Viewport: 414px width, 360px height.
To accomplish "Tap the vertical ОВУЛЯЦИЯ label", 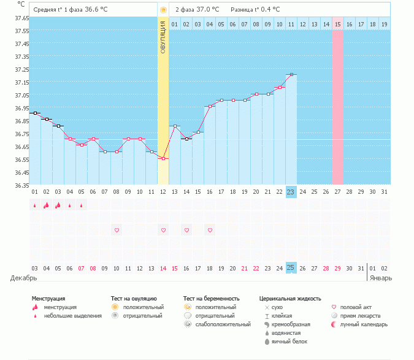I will coord(163,37).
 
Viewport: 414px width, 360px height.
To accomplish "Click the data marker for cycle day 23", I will coord(291,74).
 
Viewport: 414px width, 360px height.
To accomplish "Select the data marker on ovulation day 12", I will coord(163,159).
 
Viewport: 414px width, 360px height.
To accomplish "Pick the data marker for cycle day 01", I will coord(35,113).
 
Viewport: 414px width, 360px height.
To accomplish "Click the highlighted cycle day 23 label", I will coord(291,192).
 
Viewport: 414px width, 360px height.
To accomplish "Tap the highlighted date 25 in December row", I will coord(291,268).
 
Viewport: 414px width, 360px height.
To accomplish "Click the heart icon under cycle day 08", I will coord(117,230).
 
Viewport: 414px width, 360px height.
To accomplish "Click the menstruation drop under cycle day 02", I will coord(47,205).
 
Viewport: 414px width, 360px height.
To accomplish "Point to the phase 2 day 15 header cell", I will coord(338,24).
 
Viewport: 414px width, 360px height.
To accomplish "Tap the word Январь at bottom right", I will coord(380,278).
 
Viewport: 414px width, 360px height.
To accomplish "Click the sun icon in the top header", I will coord(163,10).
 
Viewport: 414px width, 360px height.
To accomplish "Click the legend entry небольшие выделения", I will coord(72,315).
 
